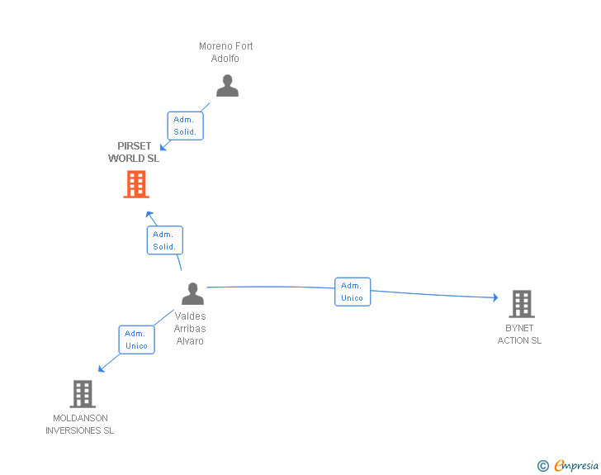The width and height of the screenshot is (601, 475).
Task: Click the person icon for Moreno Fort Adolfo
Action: pos(227,86)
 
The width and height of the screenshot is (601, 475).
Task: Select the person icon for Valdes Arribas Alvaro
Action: pos(192,293)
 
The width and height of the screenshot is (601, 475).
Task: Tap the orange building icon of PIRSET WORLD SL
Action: pos(136,184)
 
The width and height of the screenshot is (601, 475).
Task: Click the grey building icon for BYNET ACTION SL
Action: pos(521,304)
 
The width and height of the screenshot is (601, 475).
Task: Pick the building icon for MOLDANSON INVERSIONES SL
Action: pos(83,394)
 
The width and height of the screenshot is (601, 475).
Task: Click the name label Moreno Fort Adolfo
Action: pos(225,52)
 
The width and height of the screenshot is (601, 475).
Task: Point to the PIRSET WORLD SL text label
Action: pos(134,152)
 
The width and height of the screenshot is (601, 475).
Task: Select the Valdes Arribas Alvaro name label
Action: pos(190,328)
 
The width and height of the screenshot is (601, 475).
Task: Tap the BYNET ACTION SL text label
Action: pos(519,334)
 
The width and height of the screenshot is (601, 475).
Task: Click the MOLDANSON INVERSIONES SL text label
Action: pos(80,424)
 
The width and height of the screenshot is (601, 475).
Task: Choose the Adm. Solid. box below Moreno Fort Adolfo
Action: pos(185,126)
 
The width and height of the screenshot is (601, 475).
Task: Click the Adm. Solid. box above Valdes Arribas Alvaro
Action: pos(163,240)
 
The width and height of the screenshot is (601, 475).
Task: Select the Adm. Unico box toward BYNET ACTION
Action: pos(353,292)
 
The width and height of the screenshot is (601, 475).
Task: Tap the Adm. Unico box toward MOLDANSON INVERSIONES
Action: pos(136,340)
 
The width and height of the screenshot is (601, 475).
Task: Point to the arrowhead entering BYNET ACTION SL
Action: pos(495,297)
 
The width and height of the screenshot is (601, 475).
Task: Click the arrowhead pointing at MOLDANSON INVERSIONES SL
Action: pos(101,368)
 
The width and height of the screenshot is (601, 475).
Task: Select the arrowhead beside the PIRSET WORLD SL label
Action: pos(164,145)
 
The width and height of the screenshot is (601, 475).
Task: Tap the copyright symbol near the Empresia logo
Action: pos(542,466)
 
